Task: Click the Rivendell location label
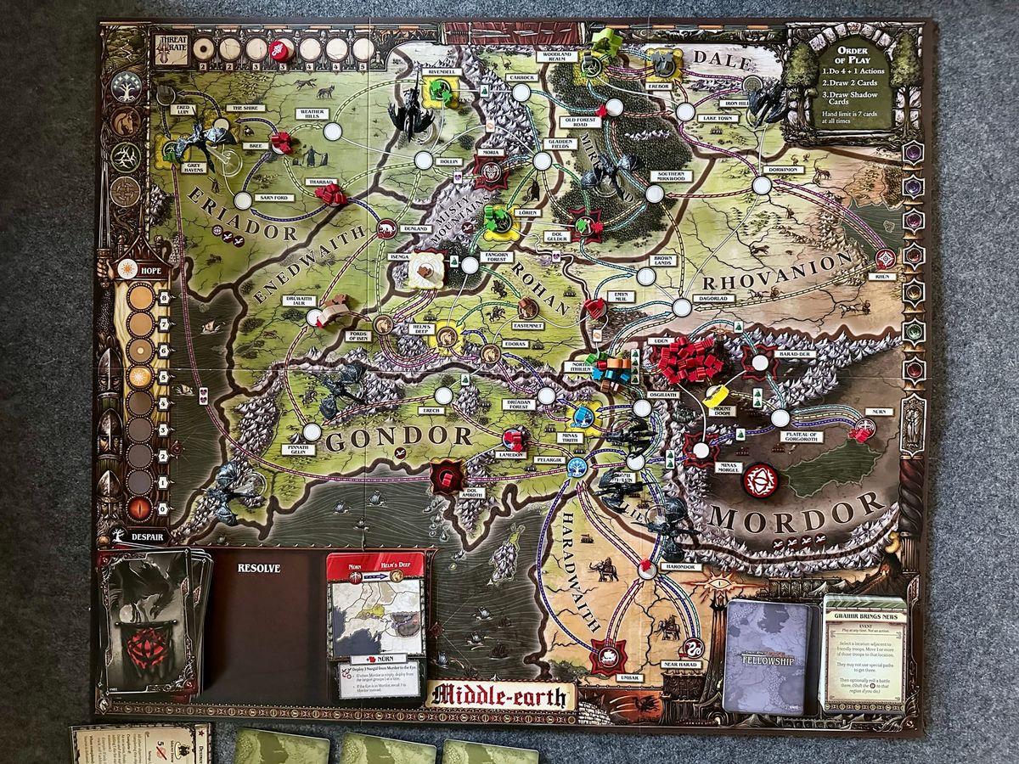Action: click(444, 73)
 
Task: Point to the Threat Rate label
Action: click(170, 46)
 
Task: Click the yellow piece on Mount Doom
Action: click(718, 396)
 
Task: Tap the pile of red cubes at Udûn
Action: click(686, 359)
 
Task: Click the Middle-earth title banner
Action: click(500, 695)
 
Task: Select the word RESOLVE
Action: click(258, 568)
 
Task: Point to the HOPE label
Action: click(140, 270)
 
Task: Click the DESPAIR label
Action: click(140, 536)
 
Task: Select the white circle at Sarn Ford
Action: click(243, 201)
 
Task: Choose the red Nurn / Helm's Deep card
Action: click(375, 623)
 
